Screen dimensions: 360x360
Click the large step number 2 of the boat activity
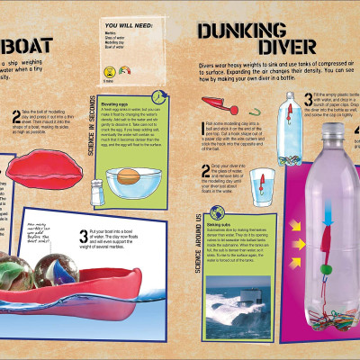(x=16, y=115)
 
